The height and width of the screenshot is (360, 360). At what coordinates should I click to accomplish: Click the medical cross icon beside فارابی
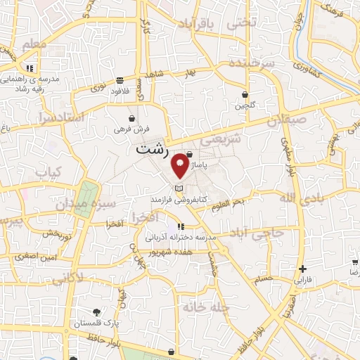pos(302,269)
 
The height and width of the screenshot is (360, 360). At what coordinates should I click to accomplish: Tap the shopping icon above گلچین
pos(245,94)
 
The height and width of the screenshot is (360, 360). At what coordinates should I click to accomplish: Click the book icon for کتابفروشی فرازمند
pos(179,188)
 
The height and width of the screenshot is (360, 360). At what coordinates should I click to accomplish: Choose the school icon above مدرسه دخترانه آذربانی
pos(180,227)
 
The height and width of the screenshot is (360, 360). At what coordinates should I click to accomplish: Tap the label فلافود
pos(122,89)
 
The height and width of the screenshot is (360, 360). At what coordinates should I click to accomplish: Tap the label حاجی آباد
pos(261,232)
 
